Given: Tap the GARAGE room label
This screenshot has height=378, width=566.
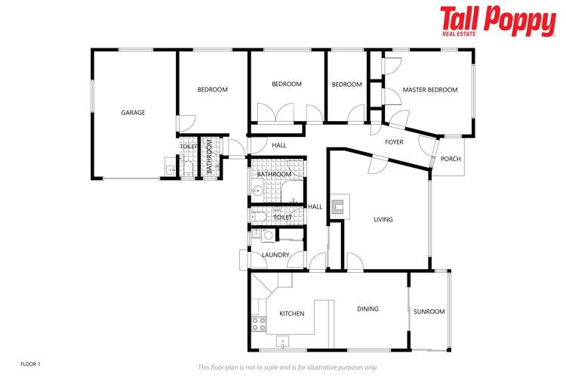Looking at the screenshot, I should [133, 113].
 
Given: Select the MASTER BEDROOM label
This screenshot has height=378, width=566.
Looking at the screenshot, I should [429, 90].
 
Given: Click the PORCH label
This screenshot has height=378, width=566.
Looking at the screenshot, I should [451, 159].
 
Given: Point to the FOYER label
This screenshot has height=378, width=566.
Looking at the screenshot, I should [394, 142].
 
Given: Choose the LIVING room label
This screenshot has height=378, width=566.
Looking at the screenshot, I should [383, 220].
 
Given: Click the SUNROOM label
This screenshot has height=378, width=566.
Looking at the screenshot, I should [429, 311].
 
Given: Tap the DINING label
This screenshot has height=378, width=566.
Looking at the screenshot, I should [368, 308].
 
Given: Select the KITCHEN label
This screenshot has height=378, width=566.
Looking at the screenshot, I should [291, 313].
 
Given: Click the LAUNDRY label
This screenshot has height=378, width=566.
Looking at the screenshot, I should [275, 255].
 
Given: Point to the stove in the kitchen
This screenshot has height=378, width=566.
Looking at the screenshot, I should [258, 324].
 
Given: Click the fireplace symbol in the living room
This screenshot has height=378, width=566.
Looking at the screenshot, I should [338, 204].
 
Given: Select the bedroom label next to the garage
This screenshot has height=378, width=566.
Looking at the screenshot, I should [212, 90].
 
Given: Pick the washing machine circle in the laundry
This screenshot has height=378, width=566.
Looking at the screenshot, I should [267, 236].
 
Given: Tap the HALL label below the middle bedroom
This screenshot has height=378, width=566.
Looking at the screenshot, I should [279, 145].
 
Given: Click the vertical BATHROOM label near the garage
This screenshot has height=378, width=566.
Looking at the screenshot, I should [209, 157].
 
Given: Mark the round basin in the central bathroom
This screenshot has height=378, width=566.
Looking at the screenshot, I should [256, 191].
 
